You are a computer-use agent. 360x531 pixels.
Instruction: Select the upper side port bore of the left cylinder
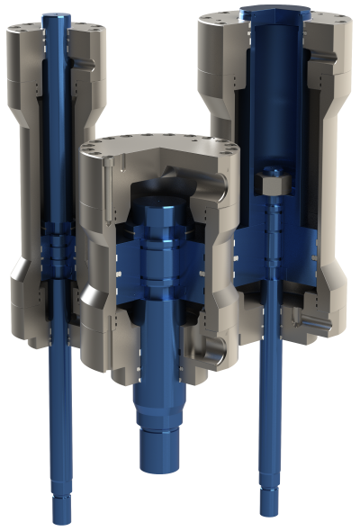coord(84,60)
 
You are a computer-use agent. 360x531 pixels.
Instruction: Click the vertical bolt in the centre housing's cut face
coord(107,189)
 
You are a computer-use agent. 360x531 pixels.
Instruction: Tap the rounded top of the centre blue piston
coord(160,211)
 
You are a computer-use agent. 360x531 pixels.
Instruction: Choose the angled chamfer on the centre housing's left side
coord(91,297)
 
